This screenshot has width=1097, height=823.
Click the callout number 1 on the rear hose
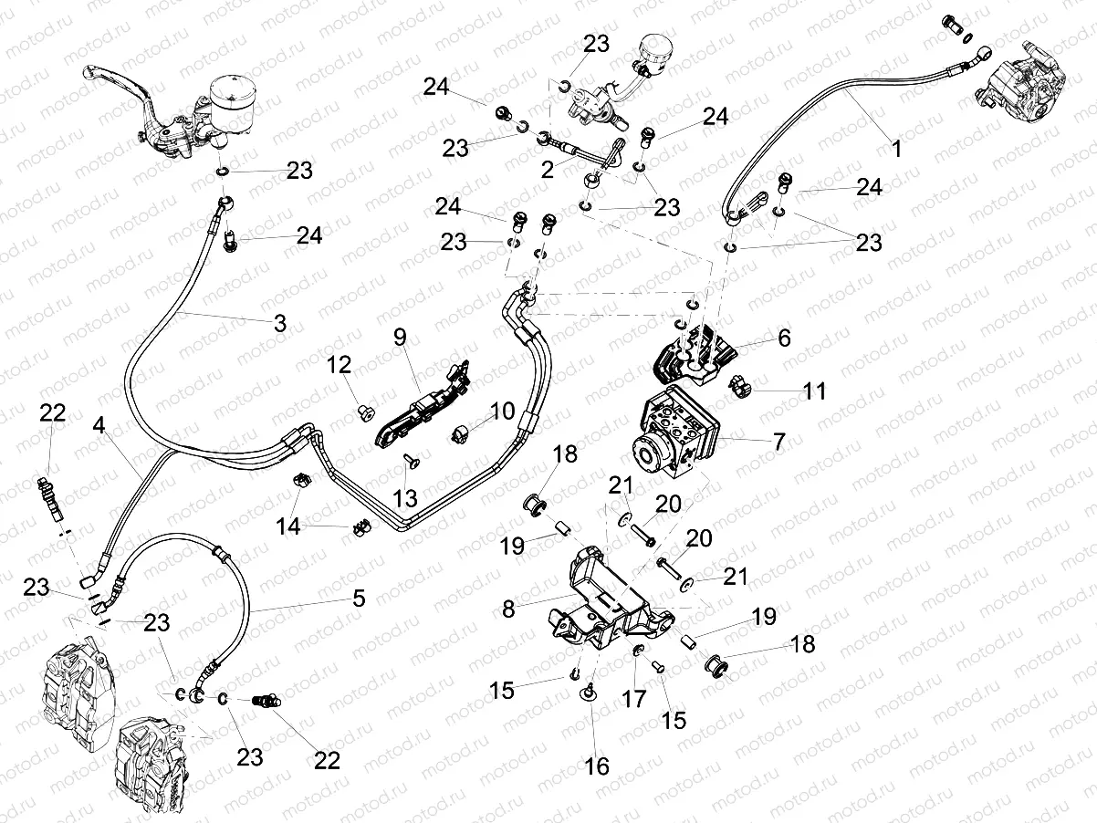(x=896, y=149)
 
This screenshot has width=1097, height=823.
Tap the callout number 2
(x=547, y=169)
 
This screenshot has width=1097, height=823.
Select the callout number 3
(x=279, y=323)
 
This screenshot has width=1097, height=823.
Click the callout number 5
(x=358, y=599)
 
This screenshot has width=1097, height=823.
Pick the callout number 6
(x=784, y=338)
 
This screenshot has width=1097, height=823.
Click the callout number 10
(x=502, y=411)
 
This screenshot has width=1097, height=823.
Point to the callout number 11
(x=814, y=391)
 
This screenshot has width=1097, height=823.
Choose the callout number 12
(x=340, y=365)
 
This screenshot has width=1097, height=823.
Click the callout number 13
(x=405, y=498)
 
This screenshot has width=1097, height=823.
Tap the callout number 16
(x=596, y=766)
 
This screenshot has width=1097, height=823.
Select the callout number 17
(x=634, y=699)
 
